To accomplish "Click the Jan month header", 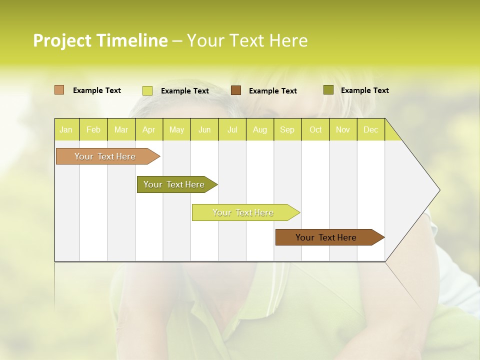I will pyautogui.click(x=66, y=129).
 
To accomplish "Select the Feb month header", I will pyautogui.click(x=93, y=129).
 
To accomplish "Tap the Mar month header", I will pyautogui.click(x=121, y=129).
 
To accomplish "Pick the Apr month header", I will pyautogui.click(x=148, y=129).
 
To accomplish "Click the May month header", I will pyautogui.click(x=176, y=129).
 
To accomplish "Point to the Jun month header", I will pyautogui.click(x=204, y=129).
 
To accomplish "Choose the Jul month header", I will pyautogui.click(x=232, y=129).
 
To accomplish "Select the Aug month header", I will pyautogui.click(x=259, y=129).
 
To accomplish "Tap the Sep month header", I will pyautogui.click(x=287, y=129).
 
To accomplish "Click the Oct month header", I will pyautogui.click(x=315, y=129).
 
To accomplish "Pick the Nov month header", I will pyautogui.click(x=343, y=129).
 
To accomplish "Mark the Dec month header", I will pyautogui.click(x=370, y=129).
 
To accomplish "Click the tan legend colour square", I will pyautogui.click(x=59, y=90).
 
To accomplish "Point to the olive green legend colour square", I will pyautogui.click(x=328, y=90).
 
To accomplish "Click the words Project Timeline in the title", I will pyautogui.click(x=100, y=40).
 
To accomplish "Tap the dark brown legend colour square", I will pyautogui.click(x=236, y=90).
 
